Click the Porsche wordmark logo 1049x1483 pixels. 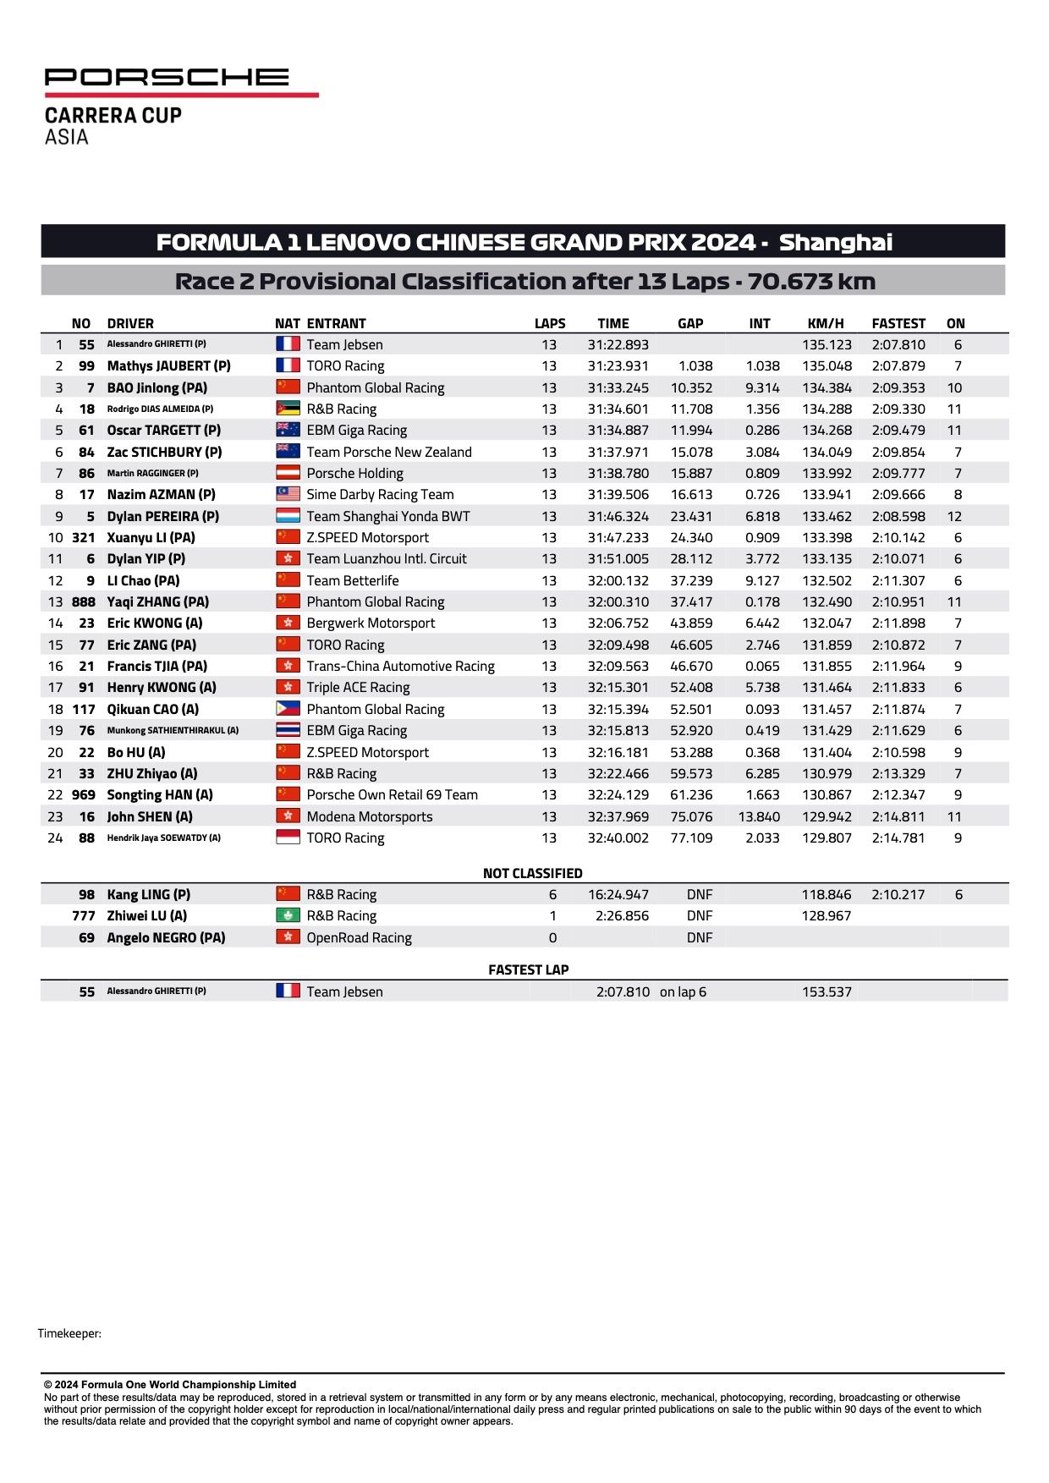(167, 78)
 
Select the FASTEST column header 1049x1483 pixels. (898, 323)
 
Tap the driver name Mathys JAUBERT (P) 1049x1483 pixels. (168, 366)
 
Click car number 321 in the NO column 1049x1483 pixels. (84, 538)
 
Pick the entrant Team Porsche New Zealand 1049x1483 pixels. (389, 452)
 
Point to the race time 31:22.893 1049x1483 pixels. (618, 345)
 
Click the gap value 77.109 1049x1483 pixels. (691, 838)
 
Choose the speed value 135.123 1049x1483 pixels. (827, 345)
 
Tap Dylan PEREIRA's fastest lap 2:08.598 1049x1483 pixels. (898, 516)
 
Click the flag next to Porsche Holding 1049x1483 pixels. (288, 473)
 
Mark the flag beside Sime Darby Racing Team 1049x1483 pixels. (288, 494)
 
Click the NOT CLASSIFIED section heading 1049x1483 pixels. (532, 873)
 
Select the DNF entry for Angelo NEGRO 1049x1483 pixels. (700, 937)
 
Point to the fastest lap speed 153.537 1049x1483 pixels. (827, 991)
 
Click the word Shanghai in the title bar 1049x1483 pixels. (835, 243)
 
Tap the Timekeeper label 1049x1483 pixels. (69, 1333)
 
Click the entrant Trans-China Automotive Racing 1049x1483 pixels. (400, 667)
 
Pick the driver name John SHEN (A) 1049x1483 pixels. (150, 817)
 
